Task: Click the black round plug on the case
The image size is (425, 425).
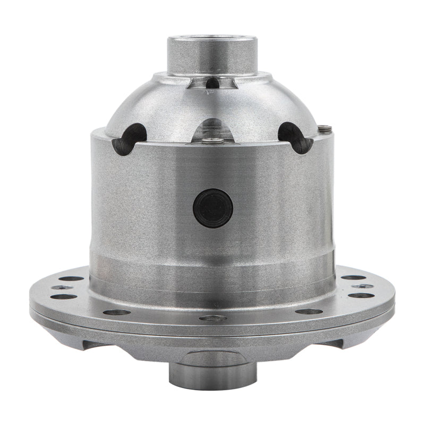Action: (x=213, y=208)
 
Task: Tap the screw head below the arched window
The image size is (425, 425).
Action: (x=213, y=140)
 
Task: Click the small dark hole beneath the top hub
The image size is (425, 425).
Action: (x=212, y=83)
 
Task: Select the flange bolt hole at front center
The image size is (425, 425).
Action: (x=212, y=318)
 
